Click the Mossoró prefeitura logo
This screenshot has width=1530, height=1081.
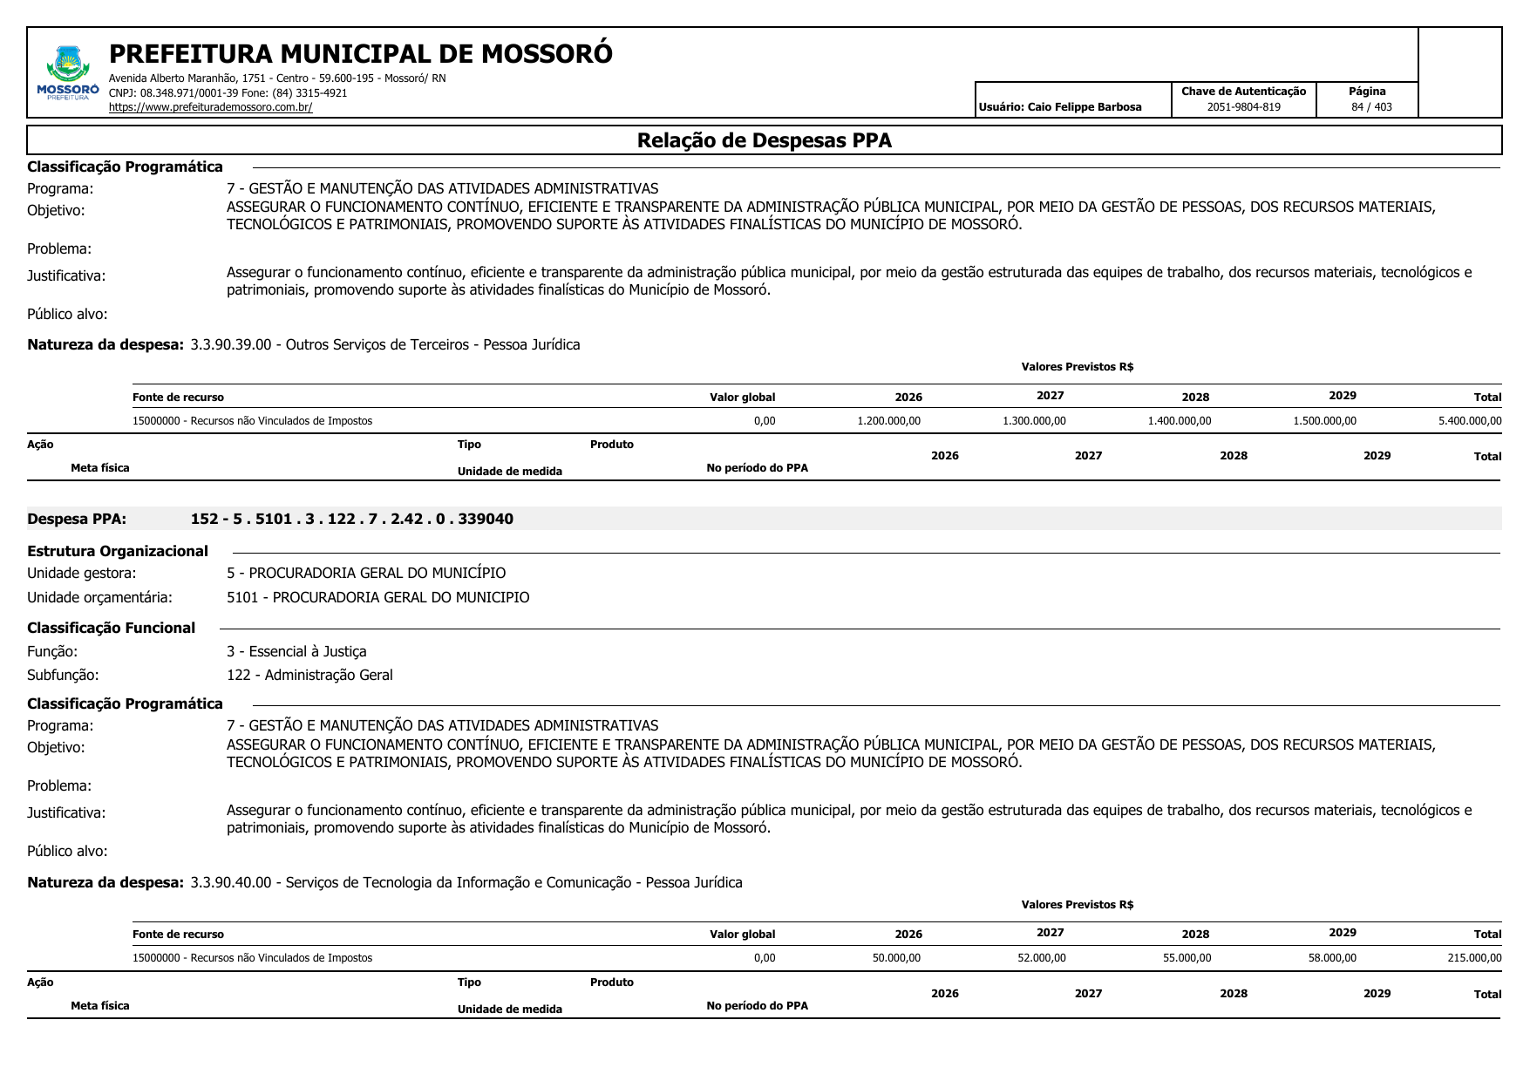point(68,73)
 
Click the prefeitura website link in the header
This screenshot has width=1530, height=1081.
point(210,107)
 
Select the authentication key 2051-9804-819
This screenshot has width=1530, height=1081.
point(1243,107)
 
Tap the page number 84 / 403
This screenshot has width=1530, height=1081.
point(1371,107)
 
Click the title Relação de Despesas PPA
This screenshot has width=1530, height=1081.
point(764,140)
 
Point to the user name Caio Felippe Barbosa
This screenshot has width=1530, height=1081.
point(1084,107)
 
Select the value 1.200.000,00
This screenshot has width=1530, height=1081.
point(888,421)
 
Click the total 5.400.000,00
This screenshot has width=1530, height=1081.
point(1470,421)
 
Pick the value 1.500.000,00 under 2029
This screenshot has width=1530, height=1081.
point(1324,421)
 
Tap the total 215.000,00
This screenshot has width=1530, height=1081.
point(1474,958)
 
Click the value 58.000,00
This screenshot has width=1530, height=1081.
point(1332,958)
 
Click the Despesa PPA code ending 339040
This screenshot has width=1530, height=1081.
point(351,520)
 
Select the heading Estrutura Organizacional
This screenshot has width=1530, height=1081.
point(118,551)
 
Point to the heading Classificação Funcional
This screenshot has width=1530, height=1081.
point(111,628)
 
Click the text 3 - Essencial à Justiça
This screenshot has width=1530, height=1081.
point(296,651)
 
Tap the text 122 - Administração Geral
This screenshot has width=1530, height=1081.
point(309,675)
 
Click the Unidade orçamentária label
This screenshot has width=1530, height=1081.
point(99,597)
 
